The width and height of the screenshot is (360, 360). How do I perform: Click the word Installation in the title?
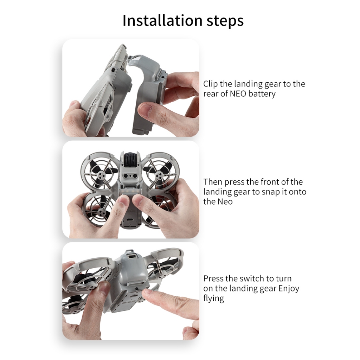tap(162, 20)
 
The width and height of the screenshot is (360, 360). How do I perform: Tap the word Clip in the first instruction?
tap(210, 84)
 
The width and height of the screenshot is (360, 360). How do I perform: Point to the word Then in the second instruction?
tap(213, 182)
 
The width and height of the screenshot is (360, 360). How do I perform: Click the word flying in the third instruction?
tap(213, 298)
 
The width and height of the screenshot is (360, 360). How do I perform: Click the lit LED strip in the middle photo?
tap(130, 191)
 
